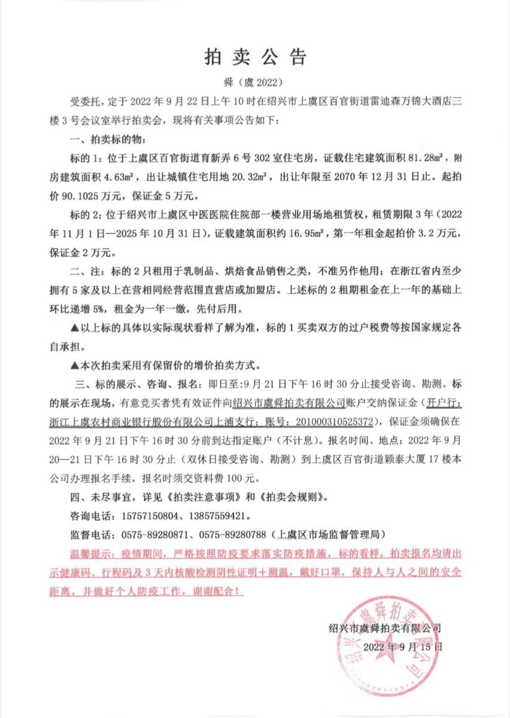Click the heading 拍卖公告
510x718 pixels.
255,57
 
